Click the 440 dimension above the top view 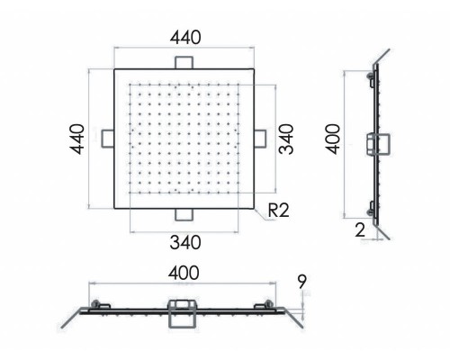pos(185,38)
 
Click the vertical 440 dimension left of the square pos(77,139)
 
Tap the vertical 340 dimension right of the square pos(285,139)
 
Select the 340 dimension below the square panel pos(185,242)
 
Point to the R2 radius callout pos(278,210)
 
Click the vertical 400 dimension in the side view pos(333,139)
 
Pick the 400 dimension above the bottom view pos(184,273)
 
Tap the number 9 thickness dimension pos(302,282)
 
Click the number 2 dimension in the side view pos(360,230)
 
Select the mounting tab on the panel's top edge pos(184,62)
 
